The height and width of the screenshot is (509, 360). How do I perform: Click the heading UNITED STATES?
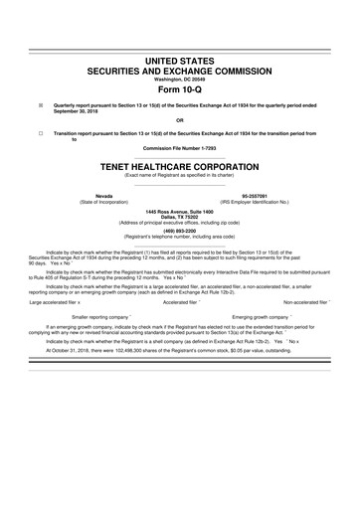[179, 62]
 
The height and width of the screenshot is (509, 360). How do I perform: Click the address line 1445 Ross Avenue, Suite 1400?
[179, 239]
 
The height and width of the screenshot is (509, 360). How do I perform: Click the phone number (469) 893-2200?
[179, 259]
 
